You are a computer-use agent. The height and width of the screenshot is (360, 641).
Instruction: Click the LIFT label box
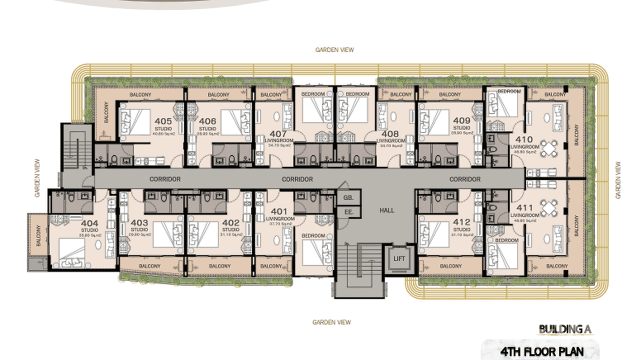coord(399,258)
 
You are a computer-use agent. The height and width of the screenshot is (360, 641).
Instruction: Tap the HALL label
coord(387,210)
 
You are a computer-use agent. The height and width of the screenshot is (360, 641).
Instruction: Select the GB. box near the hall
coord(347,197)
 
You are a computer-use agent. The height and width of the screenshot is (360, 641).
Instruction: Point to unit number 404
coord(89,223)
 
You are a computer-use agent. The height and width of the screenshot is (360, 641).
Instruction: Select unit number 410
coord(521,140)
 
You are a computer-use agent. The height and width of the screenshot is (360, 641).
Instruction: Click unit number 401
coord(279,212)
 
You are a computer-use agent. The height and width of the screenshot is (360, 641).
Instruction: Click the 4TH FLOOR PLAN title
coord(542,352)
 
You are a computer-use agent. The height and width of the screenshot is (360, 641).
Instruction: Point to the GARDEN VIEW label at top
coord(334,50)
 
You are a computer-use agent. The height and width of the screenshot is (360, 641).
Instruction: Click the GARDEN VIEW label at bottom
coord(331,322)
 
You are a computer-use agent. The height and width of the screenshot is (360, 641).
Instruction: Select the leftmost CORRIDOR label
coord(165,180)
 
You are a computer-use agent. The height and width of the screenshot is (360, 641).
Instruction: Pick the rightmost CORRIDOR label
coord(465,180)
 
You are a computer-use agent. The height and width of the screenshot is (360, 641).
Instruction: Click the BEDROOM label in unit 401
coord(313,236)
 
